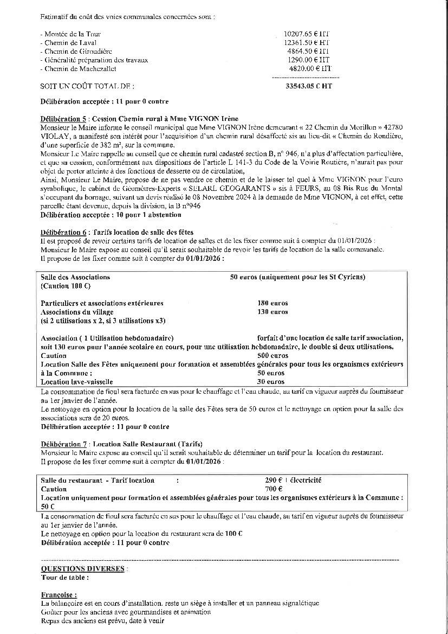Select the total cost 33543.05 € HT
[308, 86]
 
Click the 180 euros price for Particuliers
[272, 303]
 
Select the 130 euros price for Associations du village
[272, 312]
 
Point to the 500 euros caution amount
[272, 356]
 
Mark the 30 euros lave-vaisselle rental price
[271, 382]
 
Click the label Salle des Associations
[75, 277]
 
